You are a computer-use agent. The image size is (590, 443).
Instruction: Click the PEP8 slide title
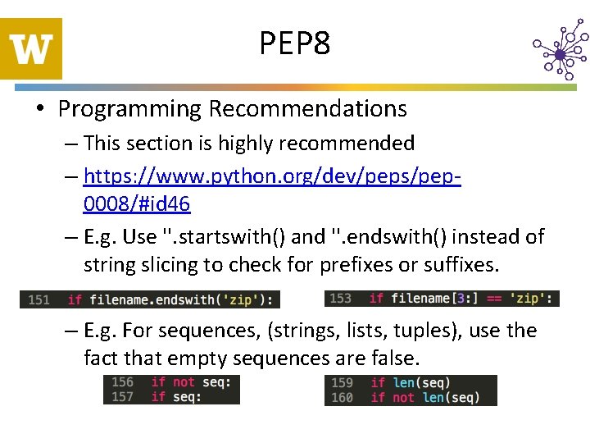[x=294, y=43]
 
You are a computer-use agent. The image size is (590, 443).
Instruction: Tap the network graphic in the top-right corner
[x=560, y=53]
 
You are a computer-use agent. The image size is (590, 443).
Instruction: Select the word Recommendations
[x=307, y=109]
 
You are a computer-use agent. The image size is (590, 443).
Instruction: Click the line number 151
[x=39, y=299]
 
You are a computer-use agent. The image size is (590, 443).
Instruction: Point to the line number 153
[x=340, y=299]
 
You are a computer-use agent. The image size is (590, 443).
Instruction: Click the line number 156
[x=122, y=382]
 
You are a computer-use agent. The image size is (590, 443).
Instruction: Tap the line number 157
[x=122, y=397]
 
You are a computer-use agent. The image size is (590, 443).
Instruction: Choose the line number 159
[x=342, y=383]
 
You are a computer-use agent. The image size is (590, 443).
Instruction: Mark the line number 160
[x=342, y=398]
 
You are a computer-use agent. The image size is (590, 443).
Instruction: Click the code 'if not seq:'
[x=191, y=382]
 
